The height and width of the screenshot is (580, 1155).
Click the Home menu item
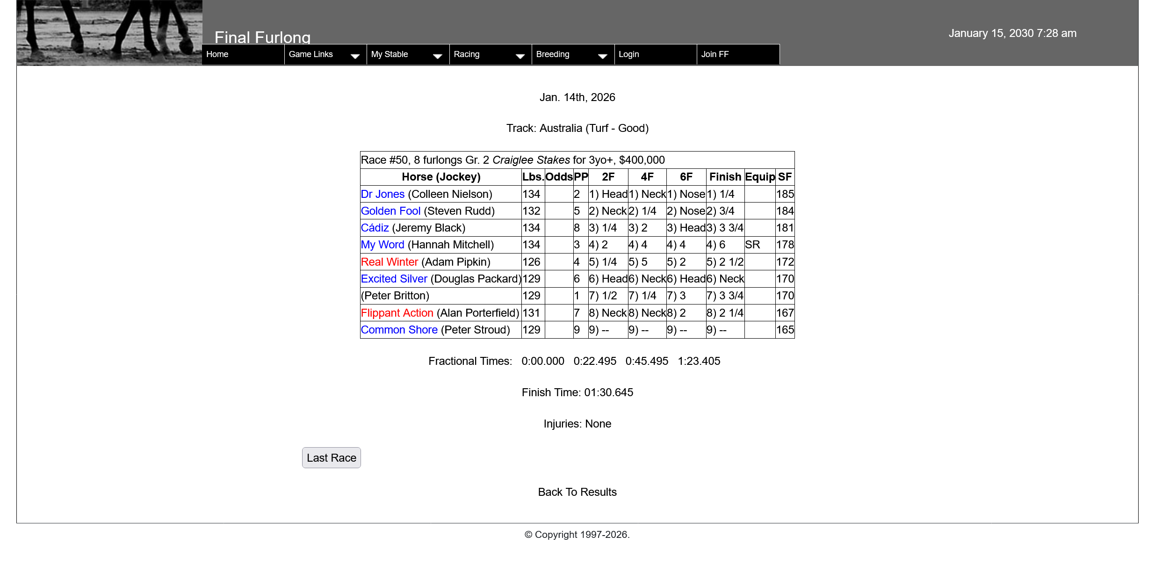[217, 54]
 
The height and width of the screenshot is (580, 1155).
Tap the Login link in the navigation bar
[628, 54]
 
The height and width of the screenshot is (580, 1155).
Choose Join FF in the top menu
[715, 54]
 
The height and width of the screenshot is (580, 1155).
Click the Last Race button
[331, 457]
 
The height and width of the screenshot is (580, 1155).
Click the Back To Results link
[577, 492]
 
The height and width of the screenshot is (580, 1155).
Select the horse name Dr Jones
[383, 194]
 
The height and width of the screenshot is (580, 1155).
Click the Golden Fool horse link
[390, 211]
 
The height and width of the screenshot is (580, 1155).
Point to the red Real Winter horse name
[389, 262]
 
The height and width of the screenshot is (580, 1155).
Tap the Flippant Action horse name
[397, 313]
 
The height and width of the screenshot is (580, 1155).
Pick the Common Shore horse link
[399, 330]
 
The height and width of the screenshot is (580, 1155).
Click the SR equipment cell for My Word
[752, 245]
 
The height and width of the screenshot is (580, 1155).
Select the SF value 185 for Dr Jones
[785, 194]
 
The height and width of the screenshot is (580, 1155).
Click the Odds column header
[559, 177]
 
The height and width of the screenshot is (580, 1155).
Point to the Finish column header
[725, 177]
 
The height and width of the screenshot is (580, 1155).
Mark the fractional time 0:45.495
[647, 361]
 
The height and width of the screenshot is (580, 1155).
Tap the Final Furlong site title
[262, 37]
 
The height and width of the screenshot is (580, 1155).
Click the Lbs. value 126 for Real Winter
[531, 262]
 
